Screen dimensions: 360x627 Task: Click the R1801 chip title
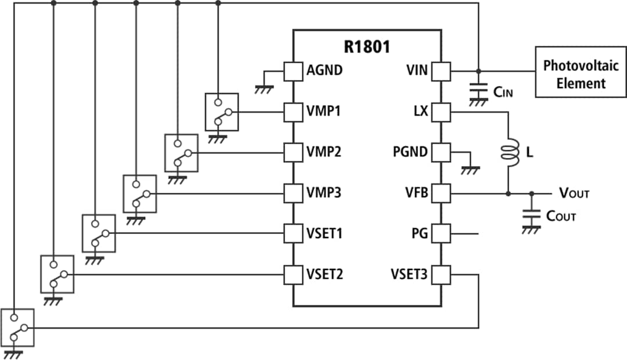pos(367,47)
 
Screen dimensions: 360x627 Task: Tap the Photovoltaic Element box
pos(580,74)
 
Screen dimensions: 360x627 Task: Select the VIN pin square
pos(442,71)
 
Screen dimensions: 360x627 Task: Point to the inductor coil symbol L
pos(509,153)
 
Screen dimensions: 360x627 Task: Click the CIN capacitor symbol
pos(478,92)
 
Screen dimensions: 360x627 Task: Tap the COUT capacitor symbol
pos(529,215)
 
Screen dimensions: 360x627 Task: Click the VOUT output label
pos(574,193)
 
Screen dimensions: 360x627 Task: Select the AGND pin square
pos(293,71)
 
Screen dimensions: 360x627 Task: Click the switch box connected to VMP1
pos(221,112)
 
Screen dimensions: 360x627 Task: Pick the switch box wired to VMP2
pos(181,153)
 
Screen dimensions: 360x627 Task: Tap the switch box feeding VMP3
pos(139,193)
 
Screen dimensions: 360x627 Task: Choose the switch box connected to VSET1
pos(98,233)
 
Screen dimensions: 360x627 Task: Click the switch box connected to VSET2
pos(57,273)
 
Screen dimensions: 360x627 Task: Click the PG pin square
pos(442,233)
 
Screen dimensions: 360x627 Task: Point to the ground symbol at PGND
pos(470,170)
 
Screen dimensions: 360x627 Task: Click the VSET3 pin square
pos(442,274)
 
